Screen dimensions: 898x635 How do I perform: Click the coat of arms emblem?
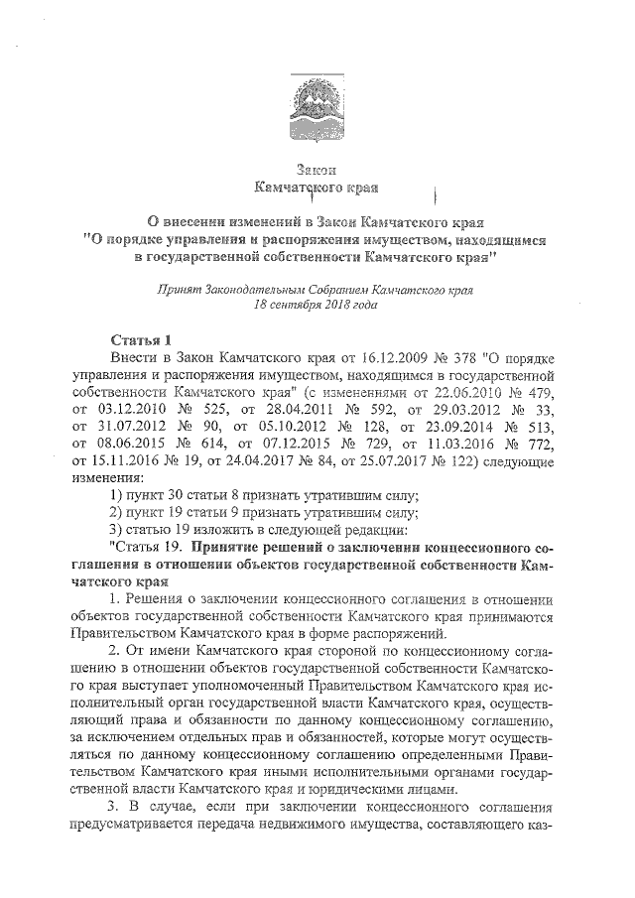[x=317, y=94]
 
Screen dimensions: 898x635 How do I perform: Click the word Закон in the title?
[x=317, y=170]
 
